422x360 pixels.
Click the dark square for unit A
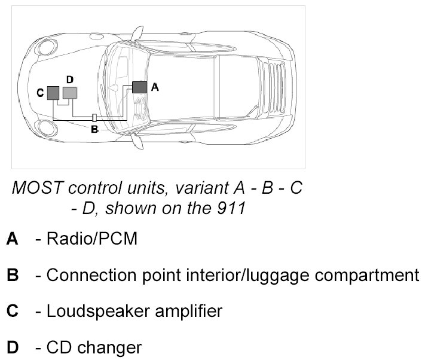tap(139, 87)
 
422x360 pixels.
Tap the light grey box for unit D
tap(70, 92)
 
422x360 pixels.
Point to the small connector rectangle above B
tap(94, 117)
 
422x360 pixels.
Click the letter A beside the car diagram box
tap(154, 87)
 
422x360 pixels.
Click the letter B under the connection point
tap(94, 128)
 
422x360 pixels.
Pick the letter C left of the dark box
tap(39, 93)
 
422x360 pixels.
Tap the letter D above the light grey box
tap(69, 80)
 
